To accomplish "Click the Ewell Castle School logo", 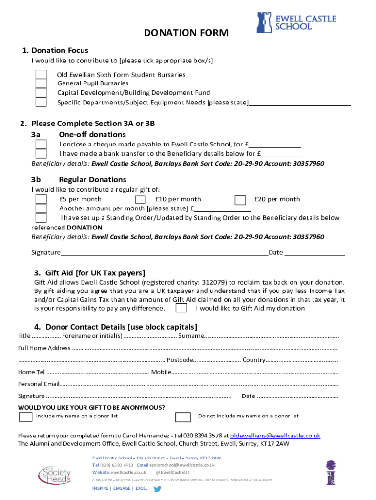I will coord(296,22).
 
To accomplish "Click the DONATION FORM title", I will coord(186,33).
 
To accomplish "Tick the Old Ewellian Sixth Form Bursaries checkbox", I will coord(41,75).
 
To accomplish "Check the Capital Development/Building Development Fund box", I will coord(41,93).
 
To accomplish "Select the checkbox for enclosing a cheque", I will coord(41,145).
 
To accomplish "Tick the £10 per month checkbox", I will coord(140,199).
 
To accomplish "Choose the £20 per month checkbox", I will coord(240,200).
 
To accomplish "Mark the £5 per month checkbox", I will coord(41,199).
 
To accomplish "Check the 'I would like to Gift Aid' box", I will coord(181,308).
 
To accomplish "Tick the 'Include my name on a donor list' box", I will coord(25,417).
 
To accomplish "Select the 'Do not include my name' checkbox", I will coord(183,417).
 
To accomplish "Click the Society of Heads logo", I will coord(54,473).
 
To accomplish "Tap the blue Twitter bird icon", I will coord(157,488).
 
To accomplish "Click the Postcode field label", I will coord(180,360).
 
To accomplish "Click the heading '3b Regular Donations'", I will coord(92,179).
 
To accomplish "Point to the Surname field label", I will coord(191,336).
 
